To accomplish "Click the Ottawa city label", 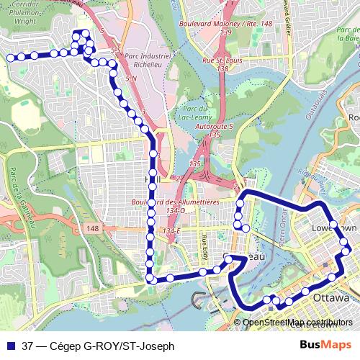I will point(331,297).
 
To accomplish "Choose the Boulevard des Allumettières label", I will point(183,203).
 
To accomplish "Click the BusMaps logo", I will point(320,345).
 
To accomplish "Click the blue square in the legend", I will point(11,345).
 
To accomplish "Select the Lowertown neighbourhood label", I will point(333,228).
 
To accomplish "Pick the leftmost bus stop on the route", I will point(10,56).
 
